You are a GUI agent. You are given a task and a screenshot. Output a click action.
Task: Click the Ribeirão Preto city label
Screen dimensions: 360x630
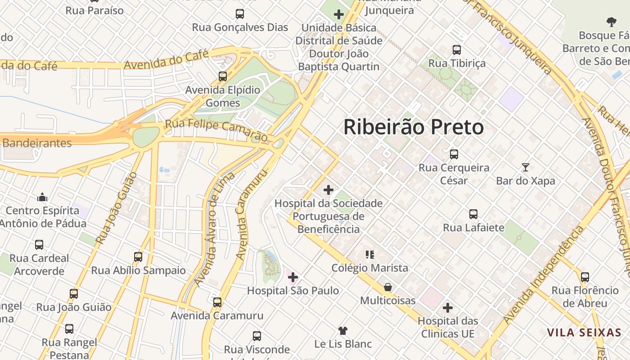tap(414, 127)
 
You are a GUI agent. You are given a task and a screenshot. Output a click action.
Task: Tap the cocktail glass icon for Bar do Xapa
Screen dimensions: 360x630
tap(525, 167)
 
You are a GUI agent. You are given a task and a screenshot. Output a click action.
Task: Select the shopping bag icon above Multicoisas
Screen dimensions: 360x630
tap(387, 287)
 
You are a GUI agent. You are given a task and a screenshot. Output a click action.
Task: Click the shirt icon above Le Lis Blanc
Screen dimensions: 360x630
tap(343, 331)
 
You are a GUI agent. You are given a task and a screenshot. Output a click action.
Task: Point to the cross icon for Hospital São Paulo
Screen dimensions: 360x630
tap(293, 277)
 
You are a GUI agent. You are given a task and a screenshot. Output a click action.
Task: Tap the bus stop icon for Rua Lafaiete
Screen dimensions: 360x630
tap(473, 214)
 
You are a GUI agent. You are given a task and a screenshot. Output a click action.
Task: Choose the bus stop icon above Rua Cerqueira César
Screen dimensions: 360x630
tap(454, 154)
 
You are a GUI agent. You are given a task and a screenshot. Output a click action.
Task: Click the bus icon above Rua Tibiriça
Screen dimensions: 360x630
tap(457, 50)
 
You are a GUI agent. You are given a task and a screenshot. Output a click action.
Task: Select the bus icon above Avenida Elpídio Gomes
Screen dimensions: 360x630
tap(223, 76)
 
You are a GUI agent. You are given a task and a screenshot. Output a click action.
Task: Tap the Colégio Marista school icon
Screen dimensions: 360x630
tap(370, 255)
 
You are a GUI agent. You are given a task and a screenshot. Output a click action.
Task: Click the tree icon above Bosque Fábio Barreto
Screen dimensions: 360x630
tap(611, 22)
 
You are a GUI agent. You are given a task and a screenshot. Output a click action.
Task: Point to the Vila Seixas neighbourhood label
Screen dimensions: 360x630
tap(584, 333)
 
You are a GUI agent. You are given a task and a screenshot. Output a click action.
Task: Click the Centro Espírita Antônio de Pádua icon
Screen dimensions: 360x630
tap(43, 197)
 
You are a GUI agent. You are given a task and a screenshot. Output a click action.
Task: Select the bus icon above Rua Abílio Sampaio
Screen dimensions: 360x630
tap(138, 257)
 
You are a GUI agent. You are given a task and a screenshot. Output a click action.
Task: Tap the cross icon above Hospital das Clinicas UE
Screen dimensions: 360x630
tap(447, 308)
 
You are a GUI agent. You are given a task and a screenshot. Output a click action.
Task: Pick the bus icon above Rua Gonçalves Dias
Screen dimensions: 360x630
tap(240, 14)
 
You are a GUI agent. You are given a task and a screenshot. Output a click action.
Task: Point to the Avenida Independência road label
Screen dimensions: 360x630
tap(543, 275)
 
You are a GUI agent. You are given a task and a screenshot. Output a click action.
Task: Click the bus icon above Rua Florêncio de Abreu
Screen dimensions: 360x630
tap(585, 277)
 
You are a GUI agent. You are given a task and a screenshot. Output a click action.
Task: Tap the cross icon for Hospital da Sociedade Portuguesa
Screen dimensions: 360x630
tap(328, 190)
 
